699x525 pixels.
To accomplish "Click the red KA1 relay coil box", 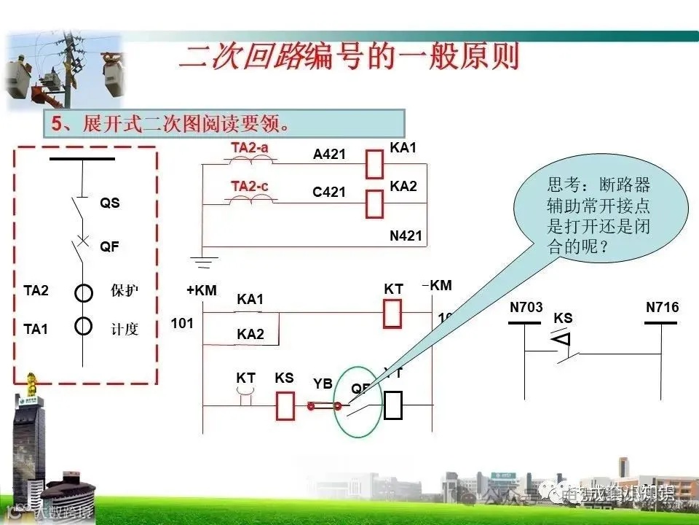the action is click(374, 164).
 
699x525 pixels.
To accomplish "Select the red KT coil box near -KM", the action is click(392, 313).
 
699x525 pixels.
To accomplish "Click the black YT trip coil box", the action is click(393, 405).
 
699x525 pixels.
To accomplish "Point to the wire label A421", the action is click(329, 155).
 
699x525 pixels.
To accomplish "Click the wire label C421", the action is click(329, 192).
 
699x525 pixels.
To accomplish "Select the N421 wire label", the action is click(406, 236).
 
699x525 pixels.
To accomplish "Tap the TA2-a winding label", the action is click(250, 147).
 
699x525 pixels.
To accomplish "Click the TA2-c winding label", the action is click(250, 186).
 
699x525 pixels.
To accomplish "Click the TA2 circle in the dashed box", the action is click(84, 293).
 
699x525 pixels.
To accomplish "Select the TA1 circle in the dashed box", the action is click(84, 325).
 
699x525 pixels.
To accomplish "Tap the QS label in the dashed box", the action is click(110, 203).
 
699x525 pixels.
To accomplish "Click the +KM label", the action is click(202, 290).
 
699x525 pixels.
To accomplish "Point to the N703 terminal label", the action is click(526, 308).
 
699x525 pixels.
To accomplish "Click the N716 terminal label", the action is click(662, 308).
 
